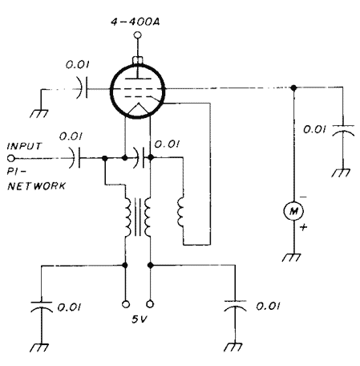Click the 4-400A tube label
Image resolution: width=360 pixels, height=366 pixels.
click(136, 22)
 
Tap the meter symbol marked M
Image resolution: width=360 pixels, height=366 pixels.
click(293, 211)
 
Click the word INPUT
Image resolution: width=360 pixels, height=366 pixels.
click(24, 146)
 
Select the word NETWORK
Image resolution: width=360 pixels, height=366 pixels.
click(36, 186)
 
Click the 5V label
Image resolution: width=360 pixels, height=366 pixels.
click(139, 319)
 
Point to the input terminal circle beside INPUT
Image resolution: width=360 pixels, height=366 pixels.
click(11, 159)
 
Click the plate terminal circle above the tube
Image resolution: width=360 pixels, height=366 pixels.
click(138, 35)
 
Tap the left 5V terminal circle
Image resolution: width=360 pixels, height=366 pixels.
click(125, 304)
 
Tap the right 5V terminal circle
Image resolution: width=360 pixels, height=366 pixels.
click(150, 304)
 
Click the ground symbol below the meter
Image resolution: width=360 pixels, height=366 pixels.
click(292, 257)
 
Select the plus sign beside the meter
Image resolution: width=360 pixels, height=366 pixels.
click(303, 227)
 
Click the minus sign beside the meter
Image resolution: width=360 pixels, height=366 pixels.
click(303, 197)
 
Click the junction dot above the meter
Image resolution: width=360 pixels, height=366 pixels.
click(293, 87)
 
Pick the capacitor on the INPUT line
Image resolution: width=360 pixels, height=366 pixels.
click(75, 158)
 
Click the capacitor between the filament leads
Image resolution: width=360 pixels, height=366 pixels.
click(140, 158)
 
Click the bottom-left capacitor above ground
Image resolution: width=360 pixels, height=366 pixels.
click(42, 307)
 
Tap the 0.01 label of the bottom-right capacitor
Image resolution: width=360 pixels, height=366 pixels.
click(268, 306)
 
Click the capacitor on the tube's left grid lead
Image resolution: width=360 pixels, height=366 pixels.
click(82, 87)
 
